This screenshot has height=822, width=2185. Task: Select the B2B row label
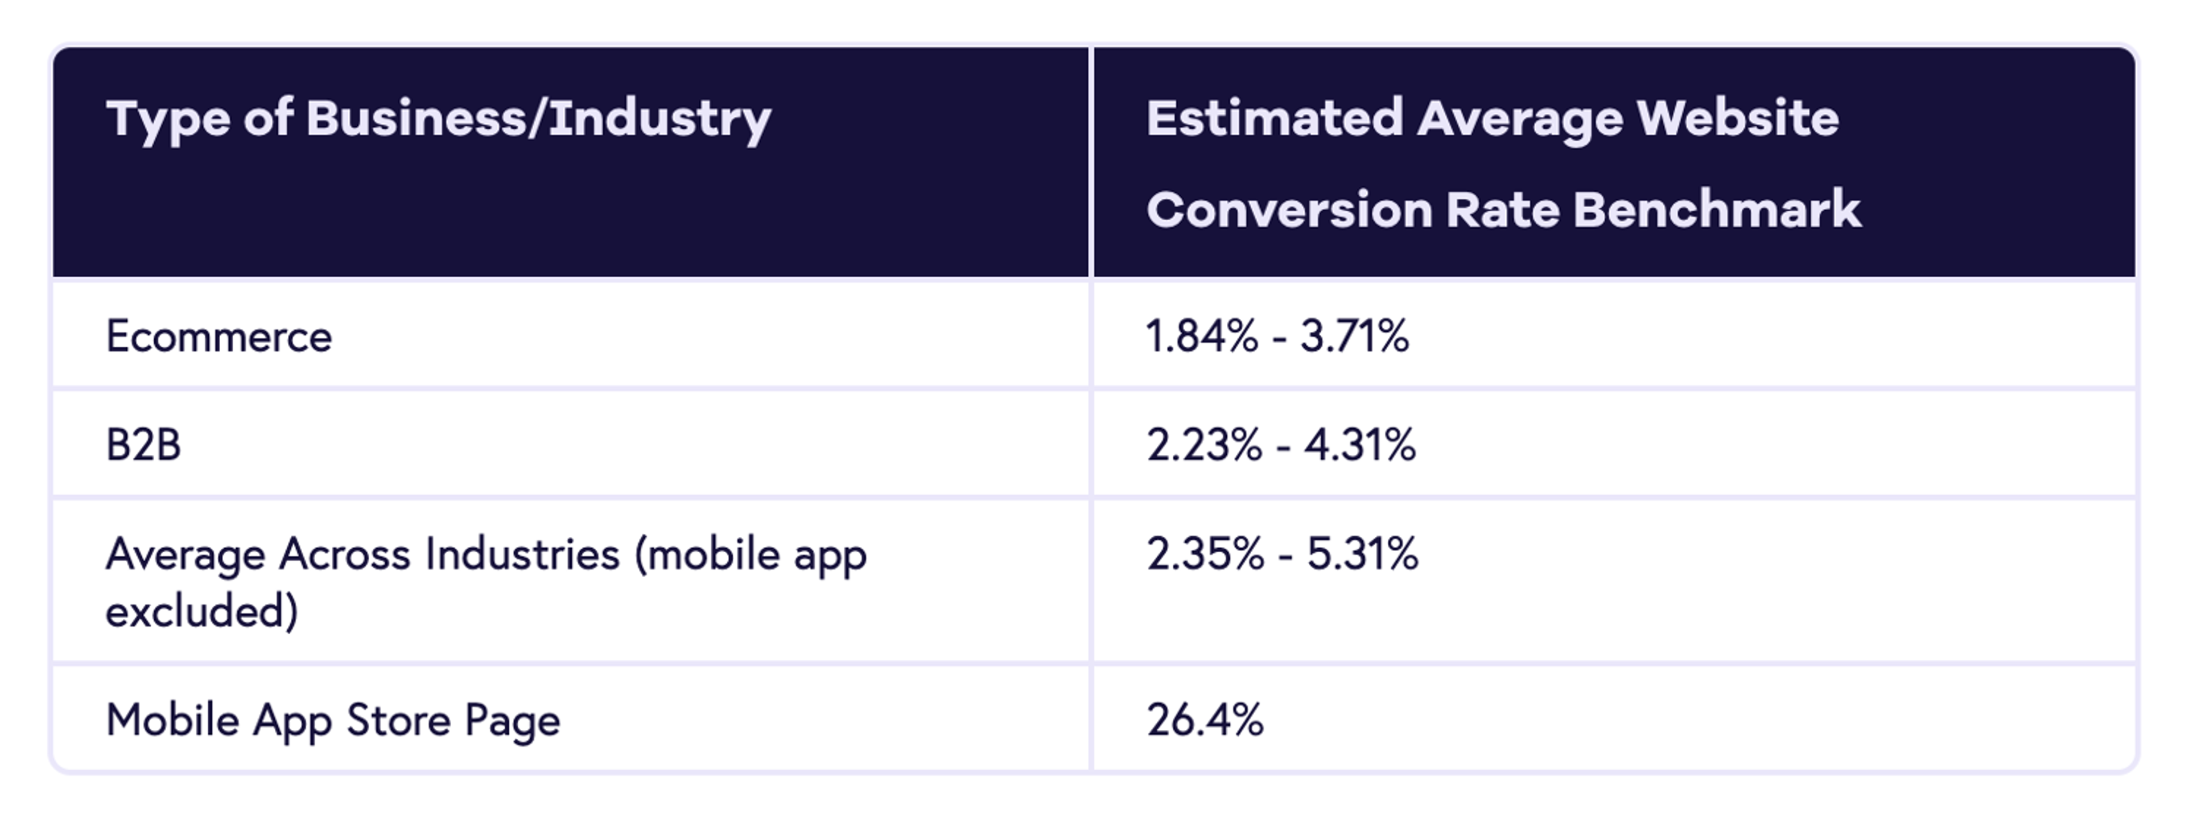(143, 445)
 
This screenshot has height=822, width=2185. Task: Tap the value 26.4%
(1205, 720)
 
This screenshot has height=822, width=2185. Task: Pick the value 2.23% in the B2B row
(1203, 445)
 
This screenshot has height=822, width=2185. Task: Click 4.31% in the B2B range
(1360, 445)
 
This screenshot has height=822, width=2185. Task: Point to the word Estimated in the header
(1274, 117)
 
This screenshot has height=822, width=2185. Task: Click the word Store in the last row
(397, 720)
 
